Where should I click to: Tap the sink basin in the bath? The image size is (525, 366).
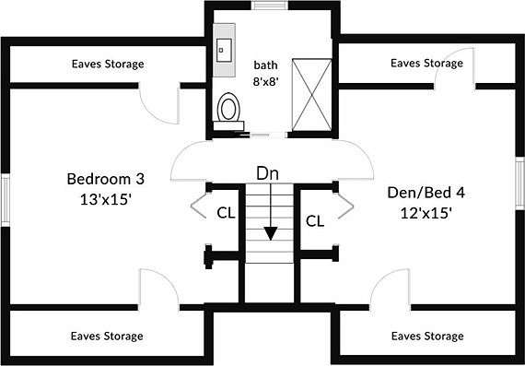[224, 50]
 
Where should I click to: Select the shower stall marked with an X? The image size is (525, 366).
[311, 95]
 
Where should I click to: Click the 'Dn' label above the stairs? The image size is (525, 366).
[267, 174]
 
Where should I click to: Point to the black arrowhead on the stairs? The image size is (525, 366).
[271, 233]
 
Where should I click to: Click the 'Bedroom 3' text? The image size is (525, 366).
[106, 179]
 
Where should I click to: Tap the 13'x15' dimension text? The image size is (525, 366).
[105, 200]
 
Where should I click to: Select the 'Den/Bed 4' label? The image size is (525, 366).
[426, 193]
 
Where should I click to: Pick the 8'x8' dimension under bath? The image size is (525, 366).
[266, 81]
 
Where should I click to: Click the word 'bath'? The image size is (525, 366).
[265, 65]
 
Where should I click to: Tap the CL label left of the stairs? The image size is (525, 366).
[226, 213]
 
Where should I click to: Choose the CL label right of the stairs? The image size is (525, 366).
[315, 221]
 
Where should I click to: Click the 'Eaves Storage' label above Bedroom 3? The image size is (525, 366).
[108, 64]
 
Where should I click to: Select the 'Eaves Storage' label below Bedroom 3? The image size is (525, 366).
[107, 336]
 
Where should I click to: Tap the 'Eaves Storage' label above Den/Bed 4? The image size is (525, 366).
[426, 63]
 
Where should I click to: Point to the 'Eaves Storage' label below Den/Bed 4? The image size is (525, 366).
[427, 336]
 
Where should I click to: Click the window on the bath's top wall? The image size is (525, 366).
[270, 6]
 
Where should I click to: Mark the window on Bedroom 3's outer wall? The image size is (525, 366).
[6, 200]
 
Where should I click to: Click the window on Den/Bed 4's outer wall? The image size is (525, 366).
[520, 183]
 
